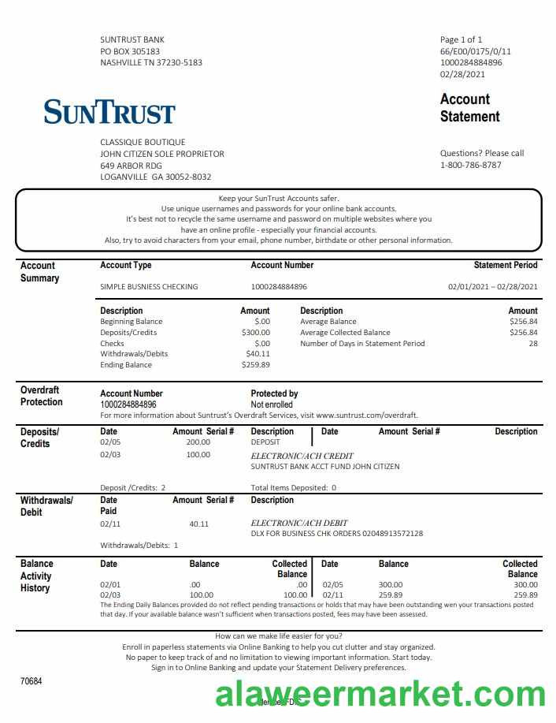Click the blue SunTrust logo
[109, 112]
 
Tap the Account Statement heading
[469, 108]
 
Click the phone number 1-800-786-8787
[470, 165]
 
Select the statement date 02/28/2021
[462, 74]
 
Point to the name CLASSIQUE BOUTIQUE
[143, 142]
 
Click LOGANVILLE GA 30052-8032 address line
[155, 177]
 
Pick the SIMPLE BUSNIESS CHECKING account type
[149, 286]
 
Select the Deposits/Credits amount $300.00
[255, 333]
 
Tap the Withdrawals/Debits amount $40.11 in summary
[258, 354]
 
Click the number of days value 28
[533, 343]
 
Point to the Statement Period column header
[506, 266]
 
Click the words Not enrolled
[271, 404]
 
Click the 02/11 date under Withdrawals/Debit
[109, 524]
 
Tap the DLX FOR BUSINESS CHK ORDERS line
[336, 533]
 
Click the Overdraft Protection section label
[41, 396]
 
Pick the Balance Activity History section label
[36, 576]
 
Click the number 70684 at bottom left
[32, 680]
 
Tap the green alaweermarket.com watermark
[380, 695]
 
